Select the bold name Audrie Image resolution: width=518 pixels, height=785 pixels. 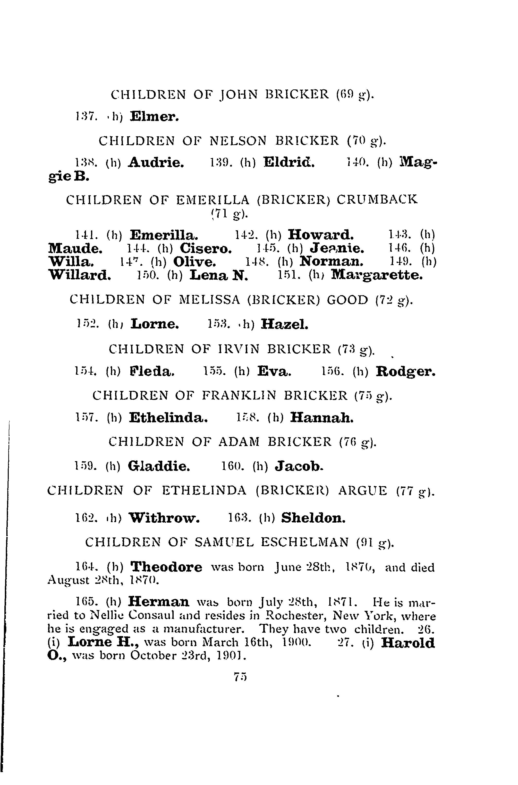point(156,162)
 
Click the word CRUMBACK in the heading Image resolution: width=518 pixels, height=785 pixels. point(377,200)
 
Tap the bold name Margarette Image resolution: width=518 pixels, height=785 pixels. point(377,275)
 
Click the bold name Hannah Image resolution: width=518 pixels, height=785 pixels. point(322,418)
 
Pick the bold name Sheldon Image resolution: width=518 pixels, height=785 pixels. point(313,518)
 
